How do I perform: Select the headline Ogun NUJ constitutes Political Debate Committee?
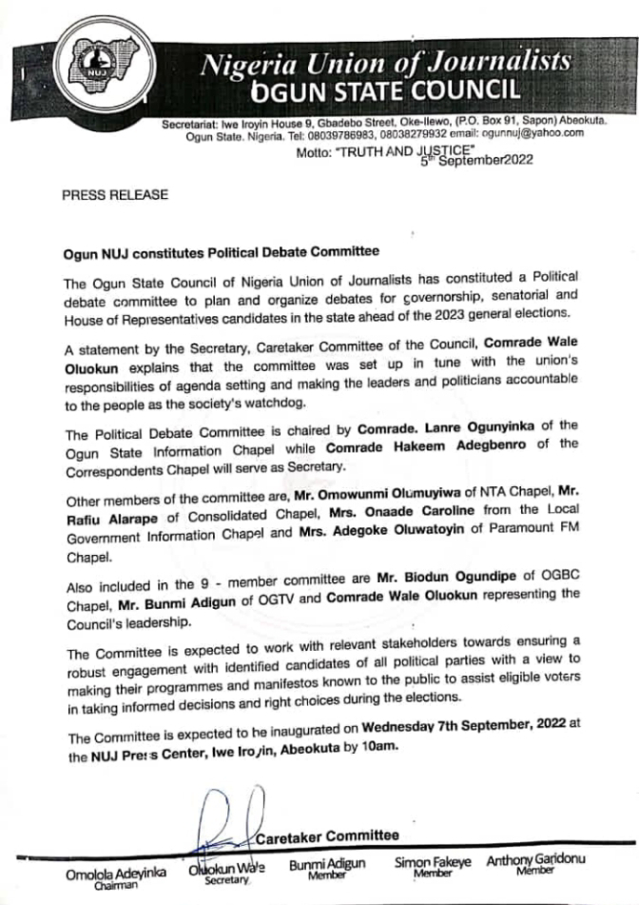(x=221, y=252)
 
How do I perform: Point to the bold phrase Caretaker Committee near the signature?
(x=328, y=836)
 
